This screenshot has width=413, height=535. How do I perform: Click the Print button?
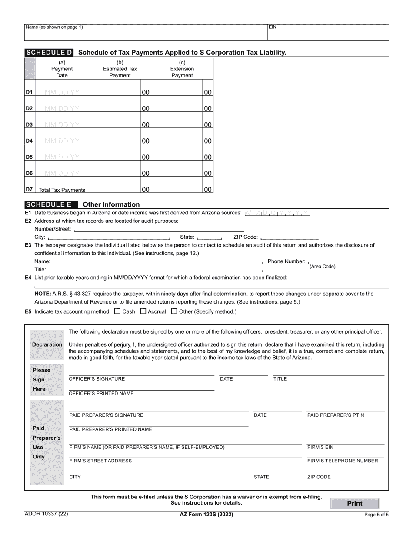pyautogui.click(x=354, y=503)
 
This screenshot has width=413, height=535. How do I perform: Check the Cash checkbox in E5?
pyautogui.click(x=117, y=311)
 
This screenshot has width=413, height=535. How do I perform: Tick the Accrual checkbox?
pyautogui.click(x=143, y=311)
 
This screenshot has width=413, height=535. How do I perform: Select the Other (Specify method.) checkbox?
pyautogui.click(x=174, y=311)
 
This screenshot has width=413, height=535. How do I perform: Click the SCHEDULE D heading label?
pyautogui.click(x=49, y=53)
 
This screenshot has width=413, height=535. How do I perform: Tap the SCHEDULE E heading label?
pyautogui.click(x=51, y=204)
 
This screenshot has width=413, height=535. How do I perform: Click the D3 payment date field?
pyautogui.click(x=62, y=124)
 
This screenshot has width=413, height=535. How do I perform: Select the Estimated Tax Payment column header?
pyautogui.click(x=120, y=69)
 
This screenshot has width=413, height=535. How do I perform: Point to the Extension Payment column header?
pyautogui.click(x=182, y=69)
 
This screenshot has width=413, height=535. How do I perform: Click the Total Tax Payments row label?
pyautogui.click(x=62, y=190)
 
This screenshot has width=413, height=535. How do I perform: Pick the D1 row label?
pyautogui.click(x=29, y=92)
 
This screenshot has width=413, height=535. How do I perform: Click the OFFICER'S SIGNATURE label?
pyautogui.click(x=97, y=379)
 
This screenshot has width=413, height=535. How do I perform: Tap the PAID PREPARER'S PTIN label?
pyautogui.click(x=336, y=415)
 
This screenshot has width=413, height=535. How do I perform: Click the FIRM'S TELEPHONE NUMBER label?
pyautogui.click(x=342, y=461)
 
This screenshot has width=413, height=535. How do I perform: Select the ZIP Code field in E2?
pyautogui.click(x=289, y=237)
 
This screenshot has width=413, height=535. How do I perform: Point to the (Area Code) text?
pyautogui.click(x=322, y=267)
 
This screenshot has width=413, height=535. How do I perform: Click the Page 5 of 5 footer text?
pyautogui.click(x=376, y=515)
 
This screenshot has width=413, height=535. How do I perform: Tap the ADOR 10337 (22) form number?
pyautogui.click(x=46, y=514)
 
